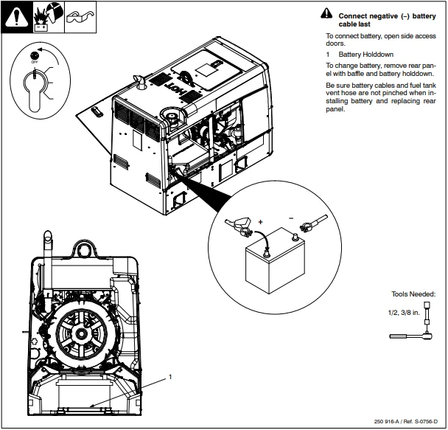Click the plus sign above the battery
coord(259,221)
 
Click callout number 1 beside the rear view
coord(170,376)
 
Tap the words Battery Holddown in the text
coord(366,55)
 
